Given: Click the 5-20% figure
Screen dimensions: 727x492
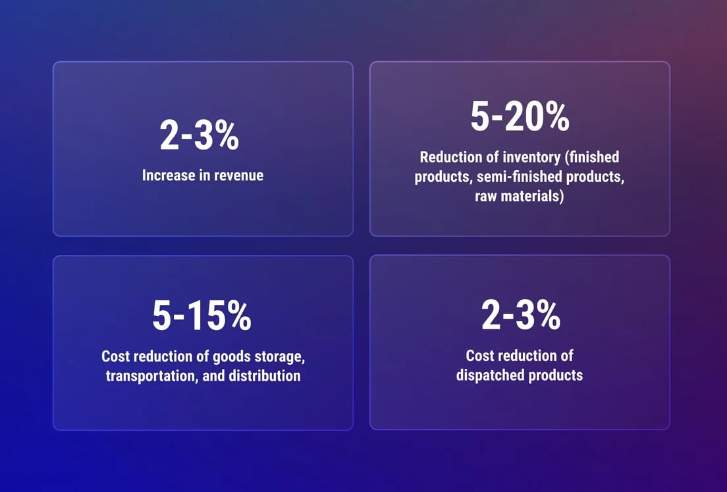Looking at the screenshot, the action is (x=520, y=117).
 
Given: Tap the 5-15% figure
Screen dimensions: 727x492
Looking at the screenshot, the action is (x=202, y=315).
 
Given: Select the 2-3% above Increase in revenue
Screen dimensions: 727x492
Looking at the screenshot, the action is (x=200, y=135).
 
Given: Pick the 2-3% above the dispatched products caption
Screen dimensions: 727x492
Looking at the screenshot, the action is (x=521, y=315).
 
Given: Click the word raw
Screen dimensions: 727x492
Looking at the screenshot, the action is (x=485, y=196).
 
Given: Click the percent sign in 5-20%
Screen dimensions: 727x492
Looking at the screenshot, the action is (x=555, y=117).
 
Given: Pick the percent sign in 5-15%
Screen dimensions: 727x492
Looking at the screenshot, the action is (x=238, y=315).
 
